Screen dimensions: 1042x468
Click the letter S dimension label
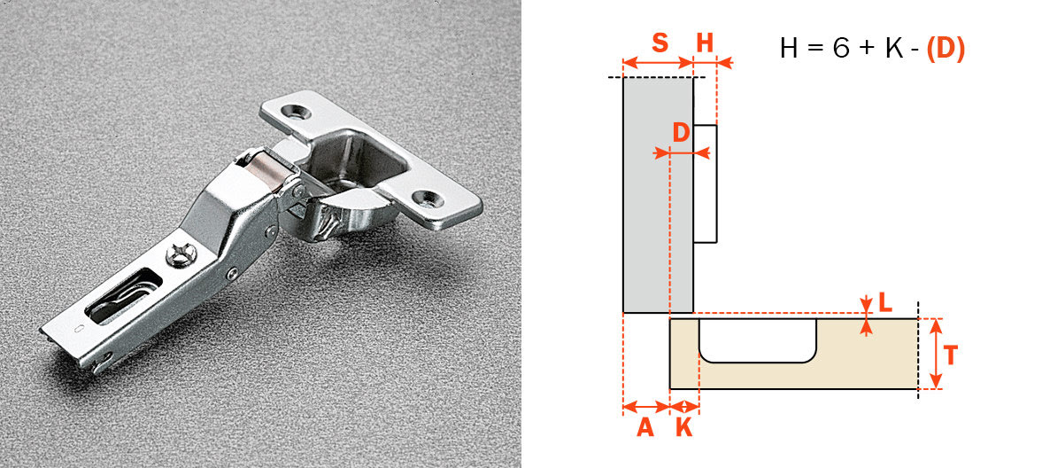(660, 43)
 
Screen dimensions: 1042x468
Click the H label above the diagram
(705, 43)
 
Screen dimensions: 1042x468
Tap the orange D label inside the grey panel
(681, 134)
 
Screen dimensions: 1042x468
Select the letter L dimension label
(885, 302)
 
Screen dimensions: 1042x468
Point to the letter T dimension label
(950, 355)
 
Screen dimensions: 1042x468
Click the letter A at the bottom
(645, 427)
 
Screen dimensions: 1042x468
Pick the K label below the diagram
(684, 427)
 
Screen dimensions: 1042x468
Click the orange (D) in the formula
(945, 49)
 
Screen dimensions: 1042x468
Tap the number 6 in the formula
(840, 49)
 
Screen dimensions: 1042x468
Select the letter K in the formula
(894, 49)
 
